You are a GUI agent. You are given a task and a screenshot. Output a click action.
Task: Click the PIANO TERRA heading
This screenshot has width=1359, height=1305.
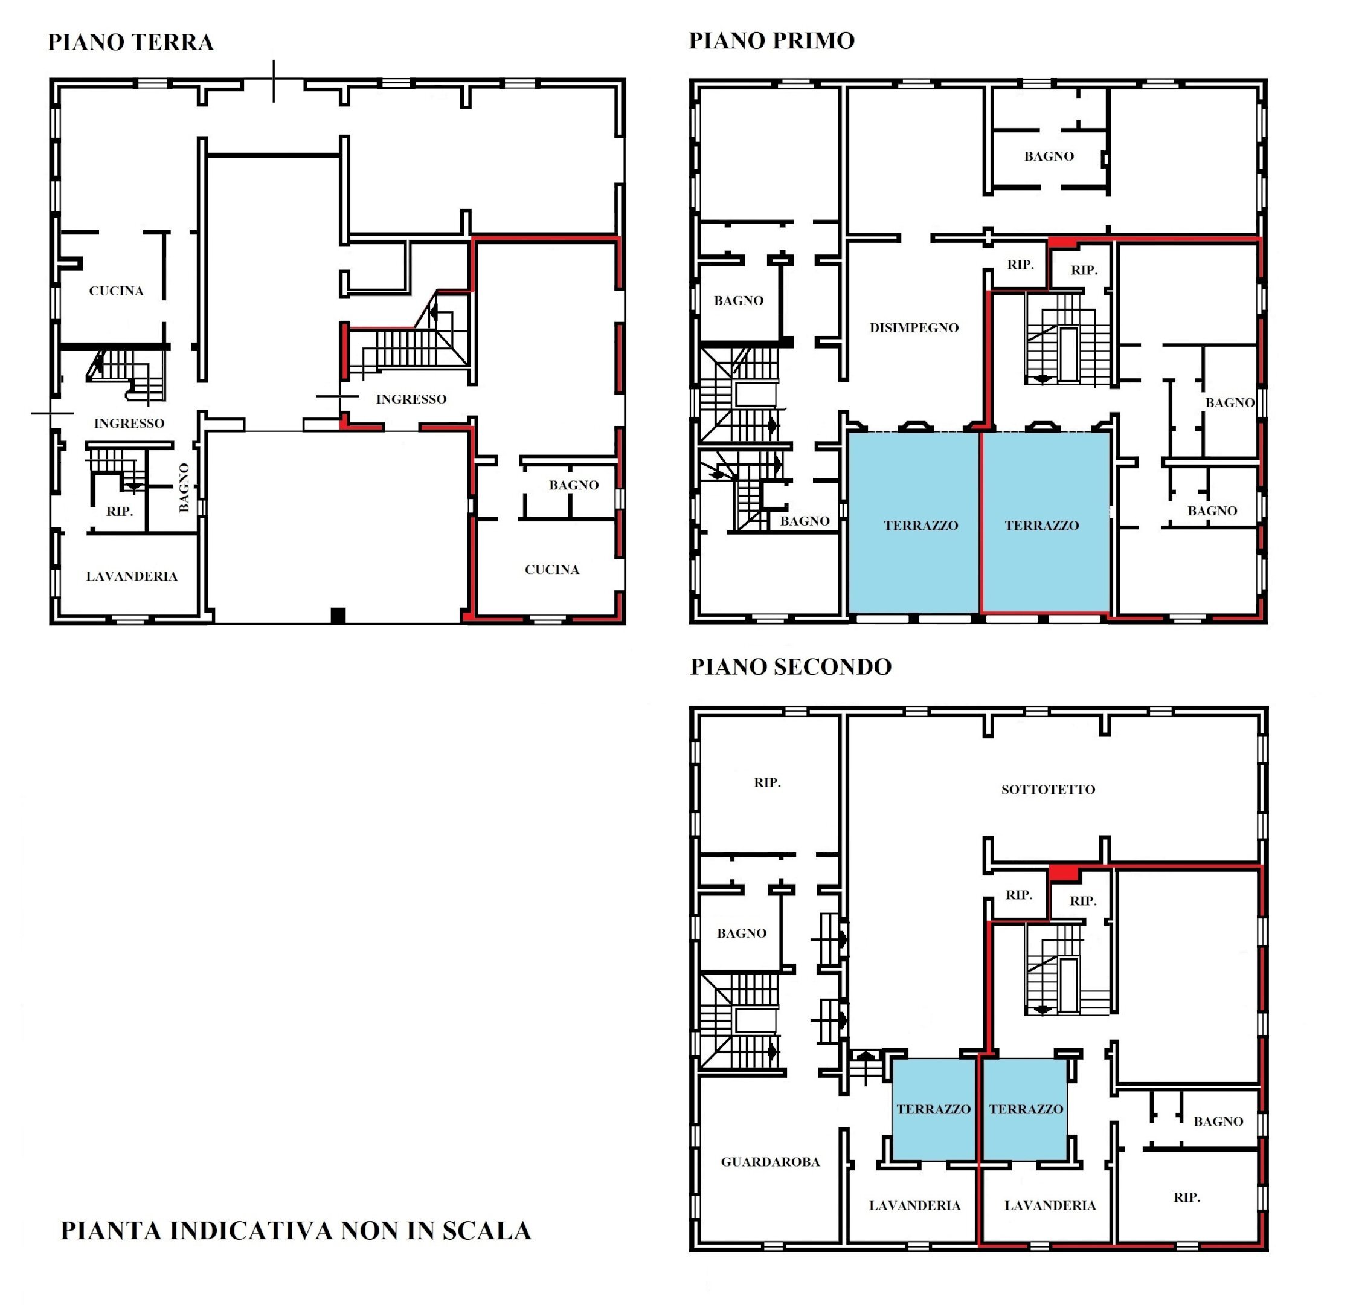[130, 42]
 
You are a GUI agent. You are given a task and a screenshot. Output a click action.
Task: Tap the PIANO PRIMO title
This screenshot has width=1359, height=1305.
[771, 41]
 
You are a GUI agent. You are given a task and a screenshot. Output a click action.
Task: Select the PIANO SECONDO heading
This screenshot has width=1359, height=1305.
[791, 666]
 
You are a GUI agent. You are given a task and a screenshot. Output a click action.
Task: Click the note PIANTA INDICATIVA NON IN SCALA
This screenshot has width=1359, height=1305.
[296, 1231]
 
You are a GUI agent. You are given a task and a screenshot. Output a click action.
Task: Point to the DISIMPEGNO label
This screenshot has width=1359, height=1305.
[914, 328]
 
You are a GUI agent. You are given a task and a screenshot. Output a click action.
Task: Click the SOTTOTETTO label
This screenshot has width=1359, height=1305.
[1048, 789]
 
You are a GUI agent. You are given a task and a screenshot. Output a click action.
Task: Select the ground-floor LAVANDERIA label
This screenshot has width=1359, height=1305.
[132, 576]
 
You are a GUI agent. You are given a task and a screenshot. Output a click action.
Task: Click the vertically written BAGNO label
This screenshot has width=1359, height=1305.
[184, 488]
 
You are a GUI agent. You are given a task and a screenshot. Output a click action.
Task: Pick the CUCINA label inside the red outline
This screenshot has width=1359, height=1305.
[552, 570]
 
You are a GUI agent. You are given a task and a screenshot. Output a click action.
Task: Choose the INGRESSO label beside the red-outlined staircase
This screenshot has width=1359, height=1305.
[411, 399]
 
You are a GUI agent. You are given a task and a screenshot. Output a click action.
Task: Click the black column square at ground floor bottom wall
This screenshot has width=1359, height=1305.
[338, 615]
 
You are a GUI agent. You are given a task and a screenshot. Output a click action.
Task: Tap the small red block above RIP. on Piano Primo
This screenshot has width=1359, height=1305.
[1062, 243]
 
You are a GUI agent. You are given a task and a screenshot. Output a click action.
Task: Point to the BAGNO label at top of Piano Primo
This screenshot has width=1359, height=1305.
[1049, 156]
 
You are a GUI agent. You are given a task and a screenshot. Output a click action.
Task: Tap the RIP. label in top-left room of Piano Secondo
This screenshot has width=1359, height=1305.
[767, 783]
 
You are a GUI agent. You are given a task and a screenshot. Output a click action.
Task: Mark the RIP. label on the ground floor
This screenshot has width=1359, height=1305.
[119, 512]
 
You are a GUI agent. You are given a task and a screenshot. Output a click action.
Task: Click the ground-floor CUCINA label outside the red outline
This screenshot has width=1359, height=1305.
[117, 291]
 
